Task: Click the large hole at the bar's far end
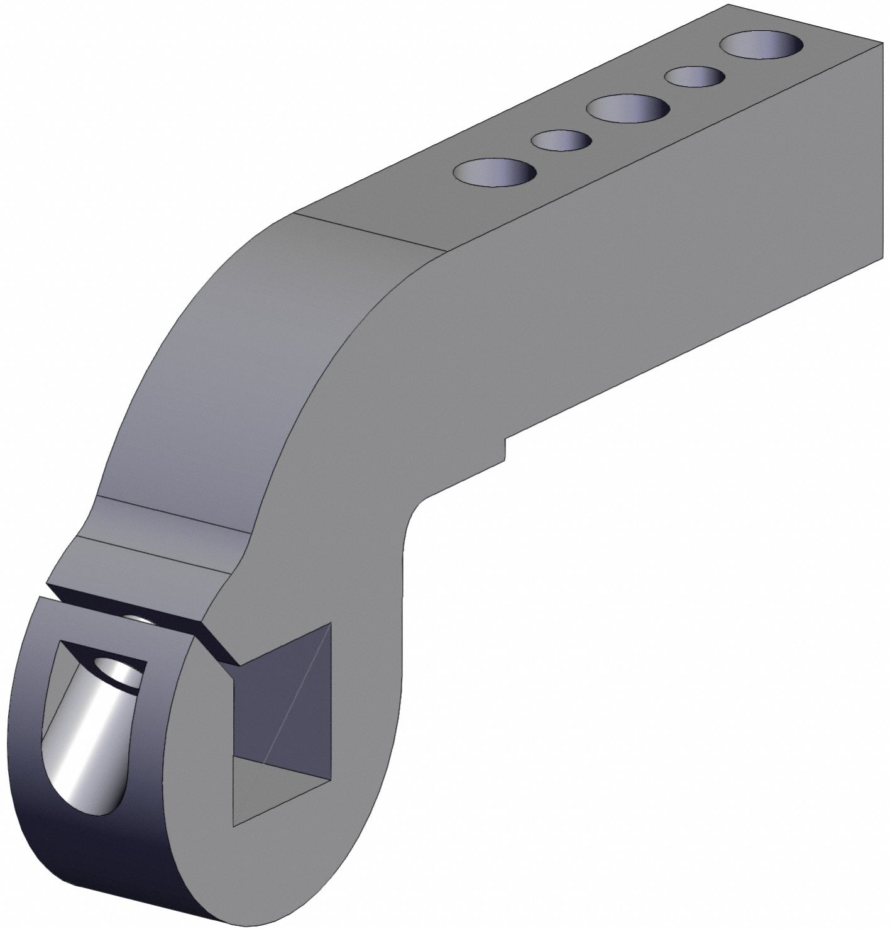coord(761,46)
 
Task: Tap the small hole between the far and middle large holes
coord(695,77)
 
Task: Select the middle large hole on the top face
coord(627,109)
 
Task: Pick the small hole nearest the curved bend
coord(561,140)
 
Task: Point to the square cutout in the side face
coord(282,723)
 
